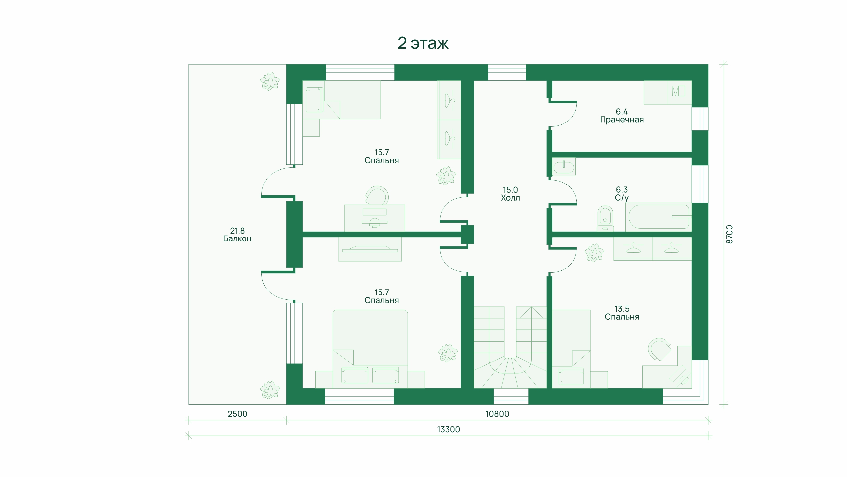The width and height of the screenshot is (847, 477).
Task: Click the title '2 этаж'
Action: tap(423, 43)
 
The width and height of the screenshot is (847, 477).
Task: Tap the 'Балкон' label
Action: tap(237, 239)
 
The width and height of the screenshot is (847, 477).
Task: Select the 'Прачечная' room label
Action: tap(622, 120)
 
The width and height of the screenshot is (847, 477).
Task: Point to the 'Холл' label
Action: tap(510, 198)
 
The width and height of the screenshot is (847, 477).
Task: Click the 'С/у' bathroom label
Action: tap(622, 198)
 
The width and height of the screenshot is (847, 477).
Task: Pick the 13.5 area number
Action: tap(622, 309)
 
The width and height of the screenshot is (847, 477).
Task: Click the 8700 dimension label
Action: tap(729, 235)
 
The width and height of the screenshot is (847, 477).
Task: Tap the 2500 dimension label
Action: tap(237, 414)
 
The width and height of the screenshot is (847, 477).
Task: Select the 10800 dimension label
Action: tap(497, 414)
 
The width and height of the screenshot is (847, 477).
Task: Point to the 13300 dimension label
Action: tap(448, 429)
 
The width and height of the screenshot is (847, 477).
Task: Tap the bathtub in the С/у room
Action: tap(658, 217)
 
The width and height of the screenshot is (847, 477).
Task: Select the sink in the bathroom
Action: tap(564, 167)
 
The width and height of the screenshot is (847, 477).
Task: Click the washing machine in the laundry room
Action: tap(680, 93)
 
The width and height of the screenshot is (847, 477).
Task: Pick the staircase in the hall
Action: tap(510, 347)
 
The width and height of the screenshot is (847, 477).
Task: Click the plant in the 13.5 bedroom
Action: tap(595, 253)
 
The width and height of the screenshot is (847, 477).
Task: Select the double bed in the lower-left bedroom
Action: tap(370, 349)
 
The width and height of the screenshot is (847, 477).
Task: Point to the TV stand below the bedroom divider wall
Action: tap(370, 249)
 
